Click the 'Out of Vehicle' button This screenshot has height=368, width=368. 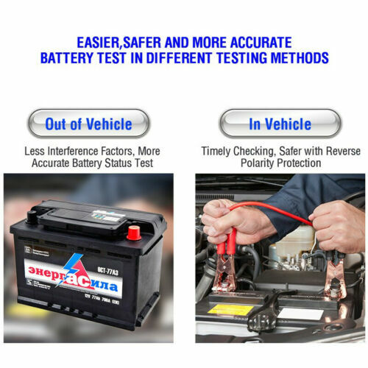click(88, 124)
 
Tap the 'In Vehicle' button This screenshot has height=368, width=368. click(280, 124)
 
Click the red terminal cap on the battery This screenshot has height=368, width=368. click(134, 233)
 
